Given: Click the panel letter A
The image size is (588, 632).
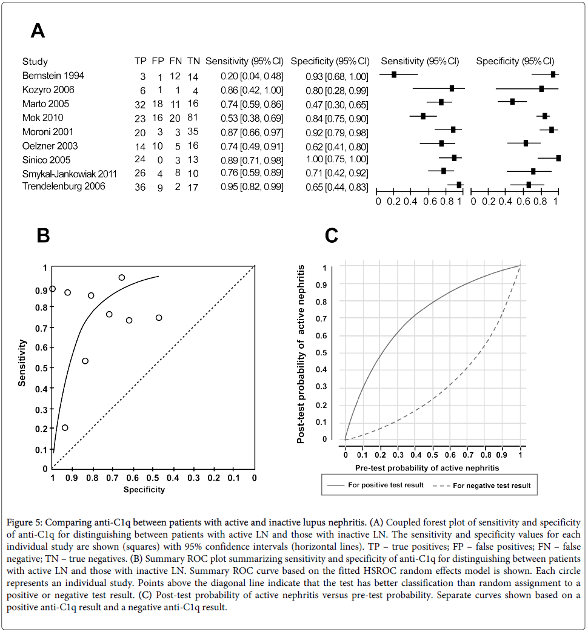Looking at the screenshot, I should (x=38, y=30).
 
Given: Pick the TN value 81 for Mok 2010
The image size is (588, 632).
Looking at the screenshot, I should (x=193, y=118).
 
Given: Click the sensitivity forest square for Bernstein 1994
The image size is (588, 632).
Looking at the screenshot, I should (x=394, y=74).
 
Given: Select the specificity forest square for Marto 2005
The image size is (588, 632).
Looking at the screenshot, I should (x=512, y=102).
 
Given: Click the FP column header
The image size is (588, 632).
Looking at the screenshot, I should (x=158, y=62).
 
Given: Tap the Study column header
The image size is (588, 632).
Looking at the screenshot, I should (x=35, y=62).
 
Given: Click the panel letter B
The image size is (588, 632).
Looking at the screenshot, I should (x=43, y=235).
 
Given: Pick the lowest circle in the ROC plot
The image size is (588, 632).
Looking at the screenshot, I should (x=65, y=427).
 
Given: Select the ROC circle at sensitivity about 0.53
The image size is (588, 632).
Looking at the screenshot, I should (x=85, y=361).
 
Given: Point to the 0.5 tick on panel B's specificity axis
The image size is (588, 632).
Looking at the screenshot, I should (x=153, y=478).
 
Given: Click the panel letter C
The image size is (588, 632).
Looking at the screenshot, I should (x=332, y=235).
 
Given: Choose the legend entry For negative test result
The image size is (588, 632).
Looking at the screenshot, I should (x=491, y=486).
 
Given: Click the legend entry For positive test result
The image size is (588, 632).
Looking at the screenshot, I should (x=385, y=486).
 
